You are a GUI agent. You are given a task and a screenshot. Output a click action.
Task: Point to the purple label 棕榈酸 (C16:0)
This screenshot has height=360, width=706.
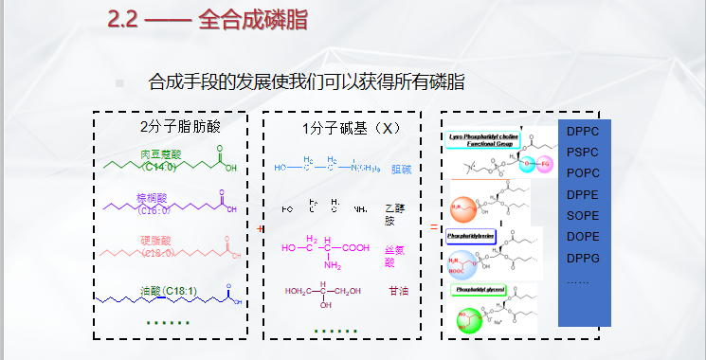[155, 204]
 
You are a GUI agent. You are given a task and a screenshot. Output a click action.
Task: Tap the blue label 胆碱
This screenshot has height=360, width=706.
[401, 169]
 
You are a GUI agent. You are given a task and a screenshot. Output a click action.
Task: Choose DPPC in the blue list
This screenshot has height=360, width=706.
[583, 134]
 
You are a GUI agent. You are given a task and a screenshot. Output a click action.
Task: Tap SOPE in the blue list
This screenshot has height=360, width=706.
[583, 217]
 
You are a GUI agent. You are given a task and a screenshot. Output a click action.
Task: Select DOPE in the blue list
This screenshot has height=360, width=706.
[583, 238]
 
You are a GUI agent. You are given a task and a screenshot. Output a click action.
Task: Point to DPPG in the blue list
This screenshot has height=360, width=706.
[583, 259]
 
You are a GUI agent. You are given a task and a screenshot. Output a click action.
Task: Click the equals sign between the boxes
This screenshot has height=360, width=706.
[434, 228]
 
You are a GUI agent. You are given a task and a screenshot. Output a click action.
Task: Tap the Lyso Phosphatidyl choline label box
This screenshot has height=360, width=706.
[483, 138]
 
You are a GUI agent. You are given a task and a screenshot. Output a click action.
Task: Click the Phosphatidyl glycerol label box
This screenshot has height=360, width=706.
[480, 289]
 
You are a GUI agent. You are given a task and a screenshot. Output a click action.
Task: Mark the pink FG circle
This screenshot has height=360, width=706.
[544, 168]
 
